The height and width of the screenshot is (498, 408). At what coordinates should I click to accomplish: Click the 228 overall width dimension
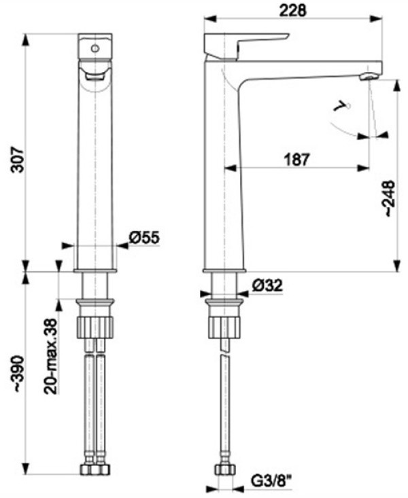(292, 11)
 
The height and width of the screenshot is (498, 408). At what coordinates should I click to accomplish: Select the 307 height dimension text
(18, 160)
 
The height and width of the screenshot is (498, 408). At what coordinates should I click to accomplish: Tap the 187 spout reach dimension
(296, 160)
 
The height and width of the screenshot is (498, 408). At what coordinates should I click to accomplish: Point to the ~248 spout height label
(390, 198)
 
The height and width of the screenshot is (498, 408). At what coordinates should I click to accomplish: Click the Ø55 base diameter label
(144, 237)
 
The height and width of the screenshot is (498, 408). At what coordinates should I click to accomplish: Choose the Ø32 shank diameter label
(267, 285)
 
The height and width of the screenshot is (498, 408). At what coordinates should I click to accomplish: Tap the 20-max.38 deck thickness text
(50, 357)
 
